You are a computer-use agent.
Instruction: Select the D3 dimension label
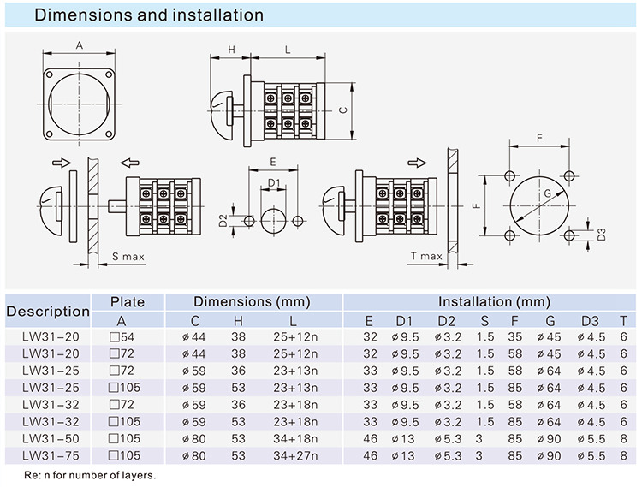(x=602, y=233)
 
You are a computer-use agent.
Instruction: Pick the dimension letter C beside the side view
(x=342, y=110)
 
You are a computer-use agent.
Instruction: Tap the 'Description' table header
(x=48, y=311)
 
